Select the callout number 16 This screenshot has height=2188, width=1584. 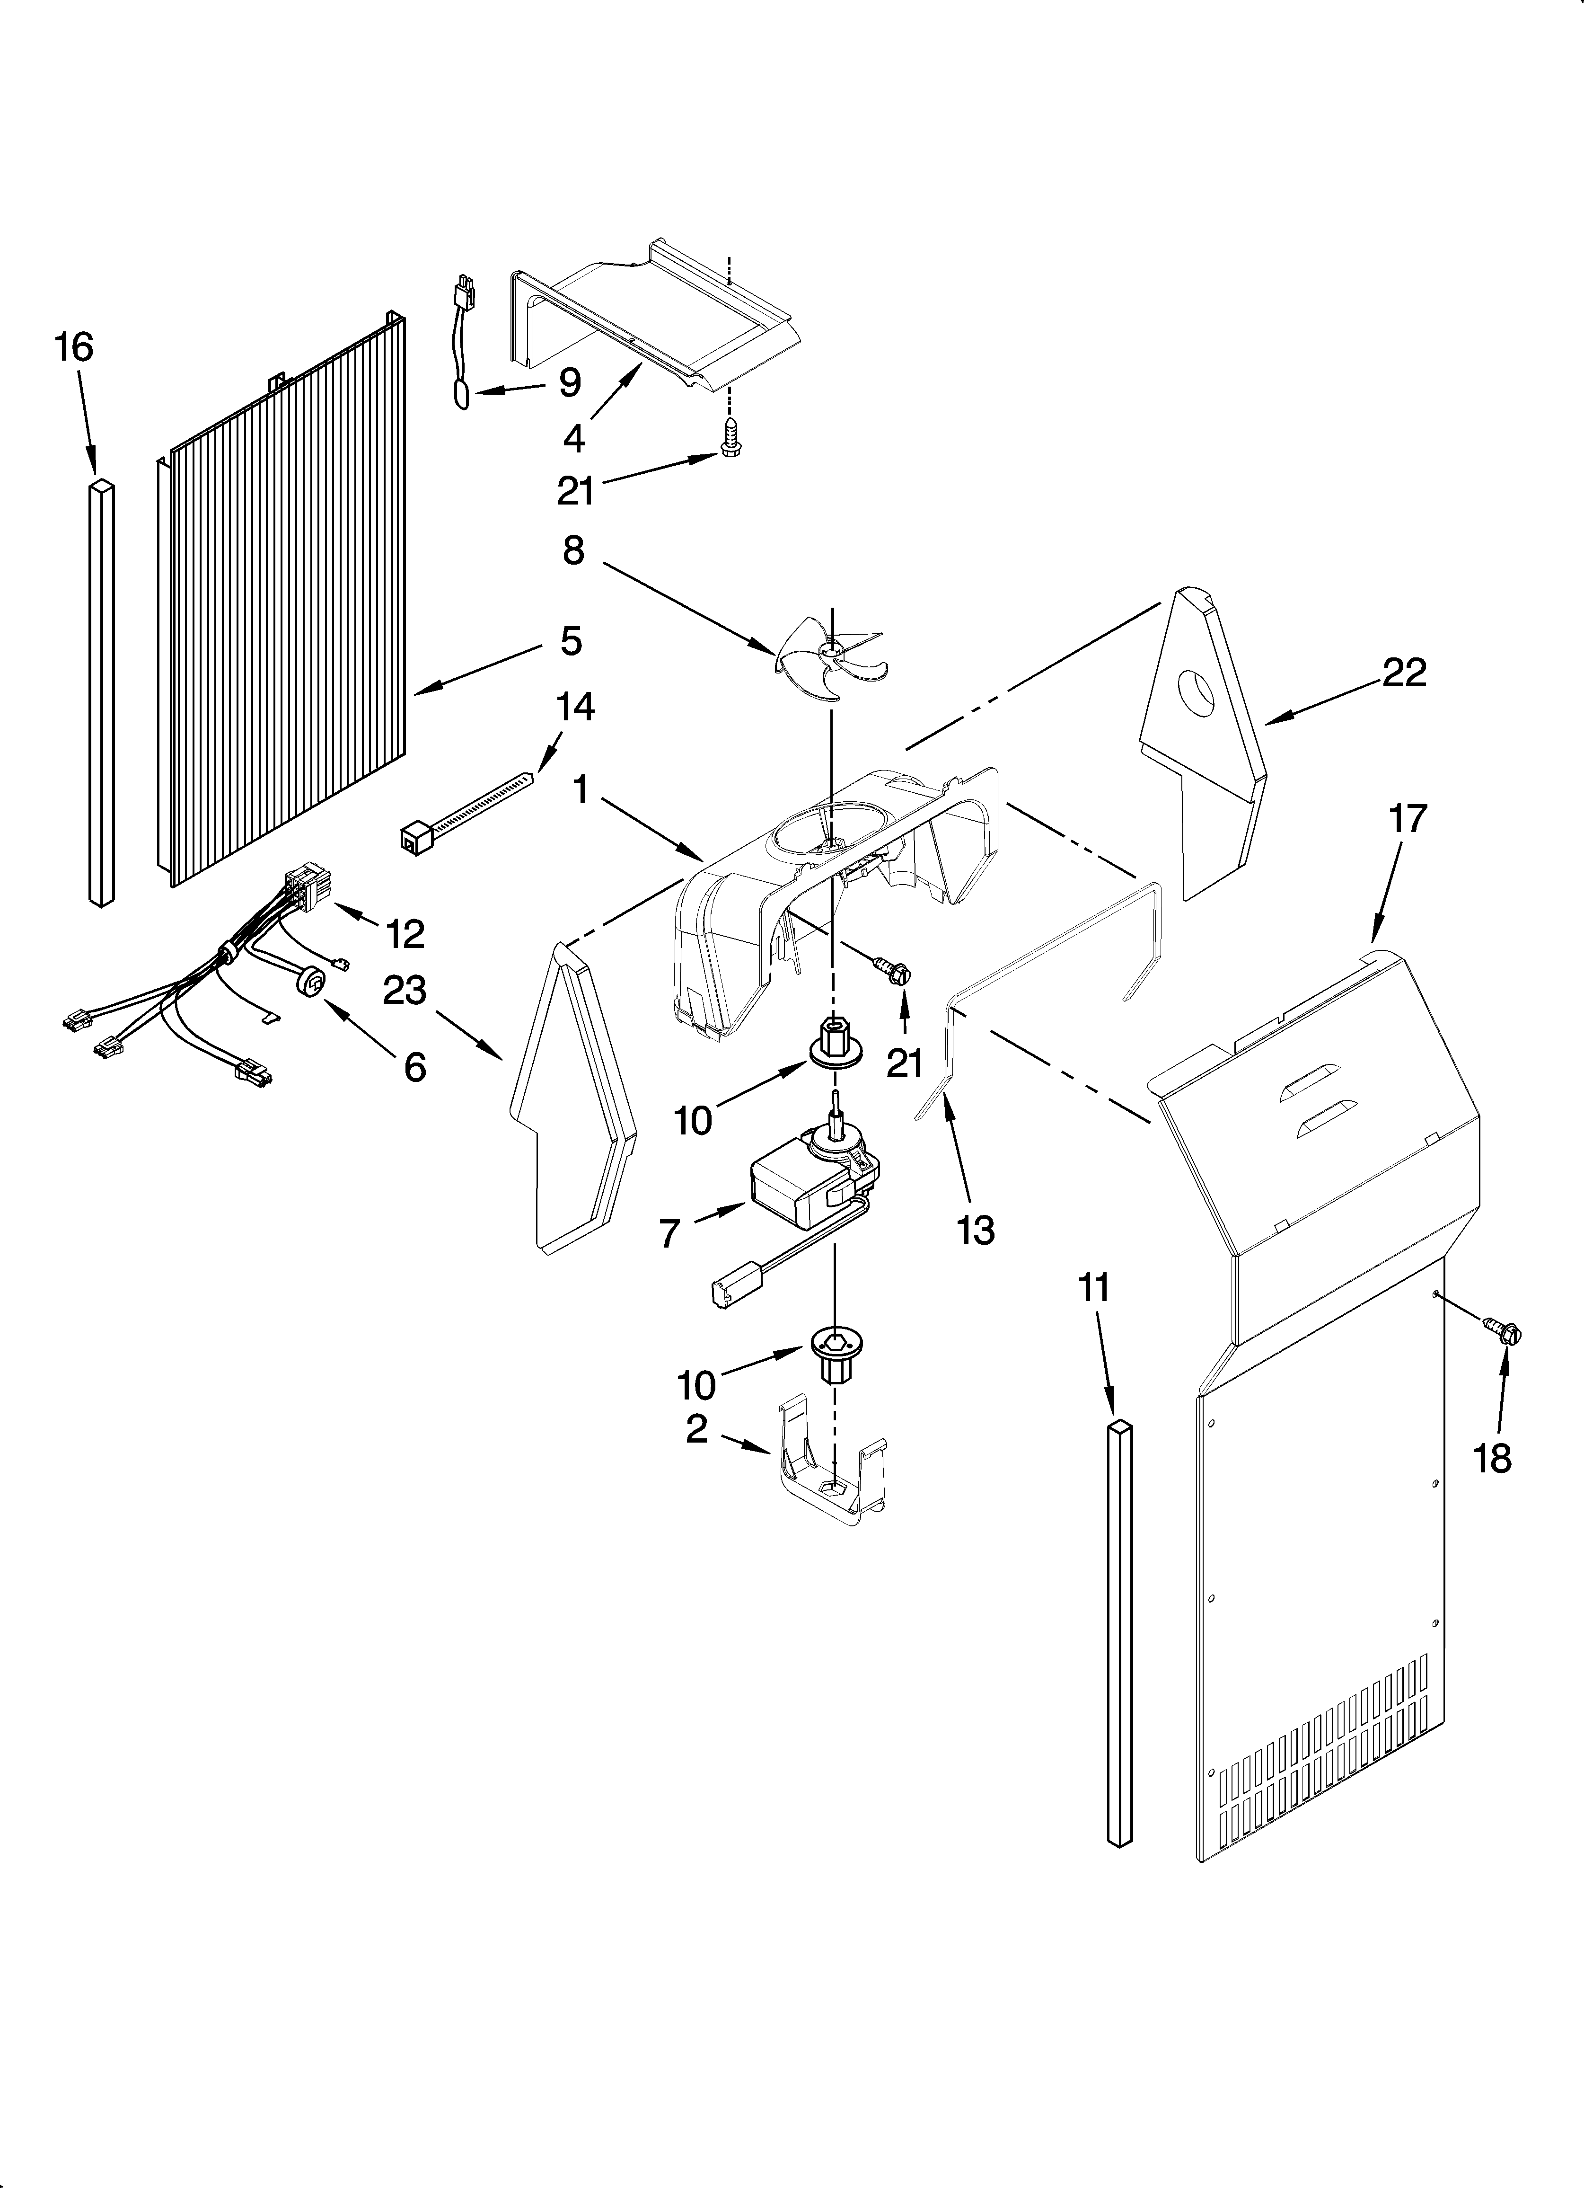point(74,347)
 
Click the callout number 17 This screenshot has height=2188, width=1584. point(1407,818)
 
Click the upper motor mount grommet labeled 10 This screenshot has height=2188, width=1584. point(832,1042)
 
